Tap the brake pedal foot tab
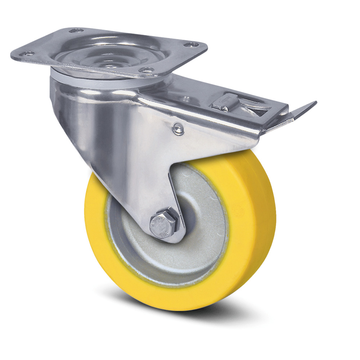tap(304, 108)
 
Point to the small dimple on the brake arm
tap(186, 99)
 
